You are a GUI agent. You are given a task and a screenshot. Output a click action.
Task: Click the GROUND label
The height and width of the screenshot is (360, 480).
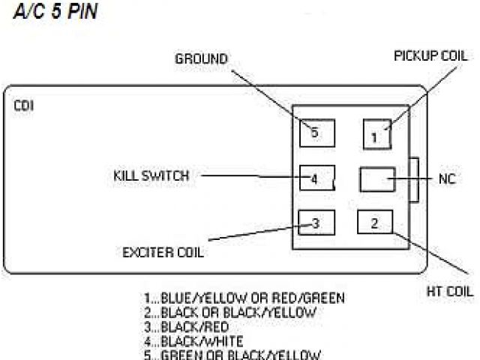[x=201, y=58]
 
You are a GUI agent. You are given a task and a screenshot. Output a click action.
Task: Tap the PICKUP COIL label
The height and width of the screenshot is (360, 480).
[x=430, y=56]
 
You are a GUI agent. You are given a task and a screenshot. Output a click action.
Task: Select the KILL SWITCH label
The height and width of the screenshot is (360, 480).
[x=151, y=176]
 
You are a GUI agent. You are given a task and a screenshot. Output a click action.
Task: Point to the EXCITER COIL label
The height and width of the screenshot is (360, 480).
[x=163, y=252]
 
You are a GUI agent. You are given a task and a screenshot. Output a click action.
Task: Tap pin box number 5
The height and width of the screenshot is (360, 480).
[x=316, y=133]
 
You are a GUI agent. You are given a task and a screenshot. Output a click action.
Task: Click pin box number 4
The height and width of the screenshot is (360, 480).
[x=316, y=178]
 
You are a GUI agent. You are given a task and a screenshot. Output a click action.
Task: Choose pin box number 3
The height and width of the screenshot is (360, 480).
[x=316, y=222]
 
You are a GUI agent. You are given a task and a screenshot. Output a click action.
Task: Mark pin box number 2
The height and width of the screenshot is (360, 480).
[x=375, y=222]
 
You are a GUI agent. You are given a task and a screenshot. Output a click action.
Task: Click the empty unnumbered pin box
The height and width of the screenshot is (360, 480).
[x=377, y=178]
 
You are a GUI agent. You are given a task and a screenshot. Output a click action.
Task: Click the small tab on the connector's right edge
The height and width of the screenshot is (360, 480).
[x=414, y=180]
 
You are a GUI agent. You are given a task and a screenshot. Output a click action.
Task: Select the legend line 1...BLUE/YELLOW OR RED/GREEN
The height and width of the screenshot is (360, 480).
[x=244, y=298]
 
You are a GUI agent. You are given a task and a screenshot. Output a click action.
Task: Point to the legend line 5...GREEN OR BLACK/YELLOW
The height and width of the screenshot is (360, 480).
[x=233, y=355]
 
